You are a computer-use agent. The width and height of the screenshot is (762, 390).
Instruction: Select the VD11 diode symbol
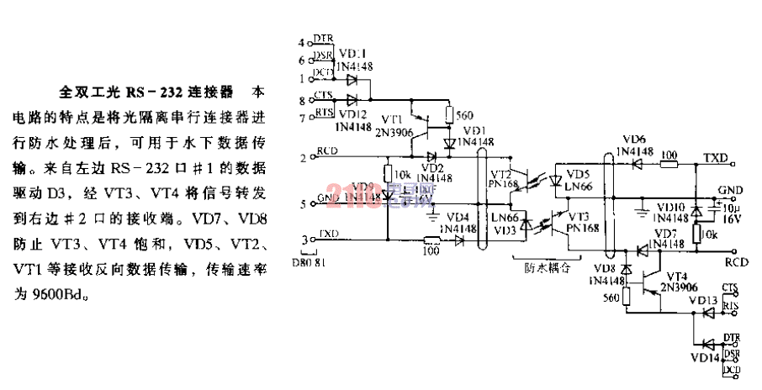[x=351, y=80]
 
